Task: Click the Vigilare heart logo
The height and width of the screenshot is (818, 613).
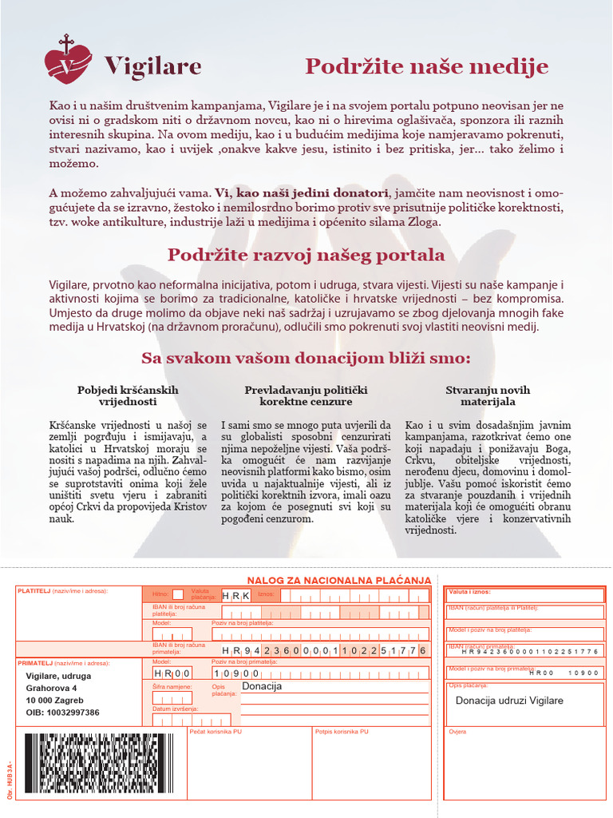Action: coord(68,61)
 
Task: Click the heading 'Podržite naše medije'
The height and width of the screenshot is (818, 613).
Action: coord(426,66)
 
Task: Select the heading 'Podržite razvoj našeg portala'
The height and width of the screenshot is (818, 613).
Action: coord(306,255)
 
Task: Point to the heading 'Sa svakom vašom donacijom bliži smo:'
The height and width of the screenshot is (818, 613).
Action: coord(306,356)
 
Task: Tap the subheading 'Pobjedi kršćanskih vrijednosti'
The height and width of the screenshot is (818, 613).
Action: coord(128,395)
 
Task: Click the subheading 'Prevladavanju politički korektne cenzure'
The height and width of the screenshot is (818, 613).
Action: coord(306,395)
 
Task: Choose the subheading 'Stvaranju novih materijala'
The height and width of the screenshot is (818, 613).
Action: coord(488,395)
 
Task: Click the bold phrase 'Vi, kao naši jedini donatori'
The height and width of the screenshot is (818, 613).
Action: coord(301,193)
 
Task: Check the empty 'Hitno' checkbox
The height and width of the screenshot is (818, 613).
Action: coord(177,594)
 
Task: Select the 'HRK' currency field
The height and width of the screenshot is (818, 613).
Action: coord(235,596)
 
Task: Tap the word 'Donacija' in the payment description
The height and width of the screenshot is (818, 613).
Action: coord(262,685)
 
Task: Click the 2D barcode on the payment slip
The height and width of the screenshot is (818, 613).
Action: coord(99,763)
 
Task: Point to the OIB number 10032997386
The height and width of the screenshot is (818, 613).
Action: coord(63,713)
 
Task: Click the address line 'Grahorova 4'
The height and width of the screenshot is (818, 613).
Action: coord(52,688)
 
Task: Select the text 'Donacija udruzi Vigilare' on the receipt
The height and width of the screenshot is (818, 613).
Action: coord(509,701)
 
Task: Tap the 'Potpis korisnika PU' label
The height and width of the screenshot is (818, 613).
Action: coord(342,731)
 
